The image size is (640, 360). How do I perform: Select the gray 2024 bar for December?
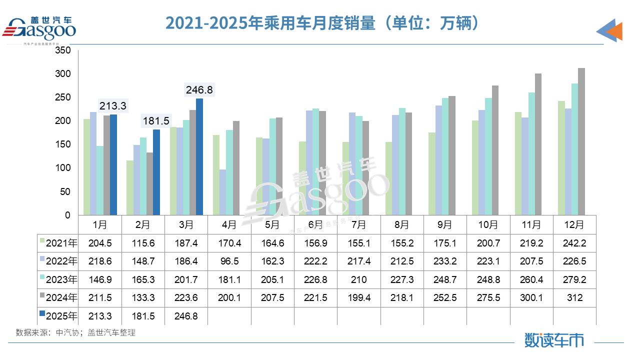click(x=581, y=142)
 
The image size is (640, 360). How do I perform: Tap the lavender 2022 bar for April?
click(x=222, y=192)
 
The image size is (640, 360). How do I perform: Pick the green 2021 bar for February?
click(x=130, y=188)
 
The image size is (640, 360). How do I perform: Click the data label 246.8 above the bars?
click(x=199, y=90)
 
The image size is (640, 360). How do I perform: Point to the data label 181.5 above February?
click(x=156, y=121)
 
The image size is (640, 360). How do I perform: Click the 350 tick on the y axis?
click(x=63, y=50)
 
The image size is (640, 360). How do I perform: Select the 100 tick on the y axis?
click(x=63, y=168)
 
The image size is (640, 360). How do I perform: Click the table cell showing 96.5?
click(x=229, y=261)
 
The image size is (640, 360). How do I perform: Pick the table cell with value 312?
click(x=575, y=298)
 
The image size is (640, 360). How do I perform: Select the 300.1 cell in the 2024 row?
click(x=531, y=298)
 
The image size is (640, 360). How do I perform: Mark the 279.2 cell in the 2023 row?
click(x=575, y=279)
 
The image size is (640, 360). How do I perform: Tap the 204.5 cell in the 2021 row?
click(x=100, y=243)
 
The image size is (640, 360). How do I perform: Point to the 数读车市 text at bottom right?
click(x=554, y=340)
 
